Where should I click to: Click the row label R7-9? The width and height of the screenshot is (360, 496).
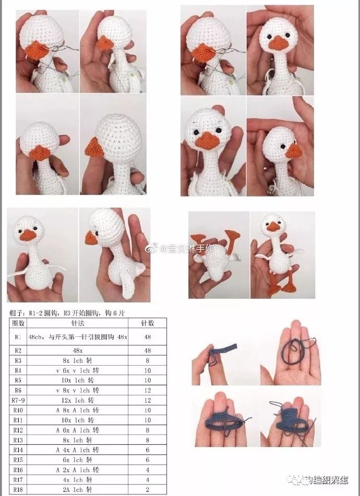pos(18,400)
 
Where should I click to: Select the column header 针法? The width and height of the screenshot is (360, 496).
pos(78,323)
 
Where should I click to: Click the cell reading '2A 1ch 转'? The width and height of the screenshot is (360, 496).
pos(78,489)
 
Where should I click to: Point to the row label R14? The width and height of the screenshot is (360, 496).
pos(18,449)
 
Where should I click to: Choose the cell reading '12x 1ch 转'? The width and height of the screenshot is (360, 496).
pos(78,400)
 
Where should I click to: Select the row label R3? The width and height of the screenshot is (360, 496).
pos(18,360)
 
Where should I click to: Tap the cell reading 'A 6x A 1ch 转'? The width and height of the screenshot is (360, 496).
pos(78,430)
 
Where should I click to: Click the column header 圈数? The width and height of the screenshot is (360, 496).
pos(18,323)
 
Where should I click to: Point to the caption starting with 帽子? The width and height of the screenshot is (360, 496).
pos(68,313)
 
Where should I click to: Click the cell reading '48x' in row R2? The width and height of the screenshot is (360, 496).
pos(78,350)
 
